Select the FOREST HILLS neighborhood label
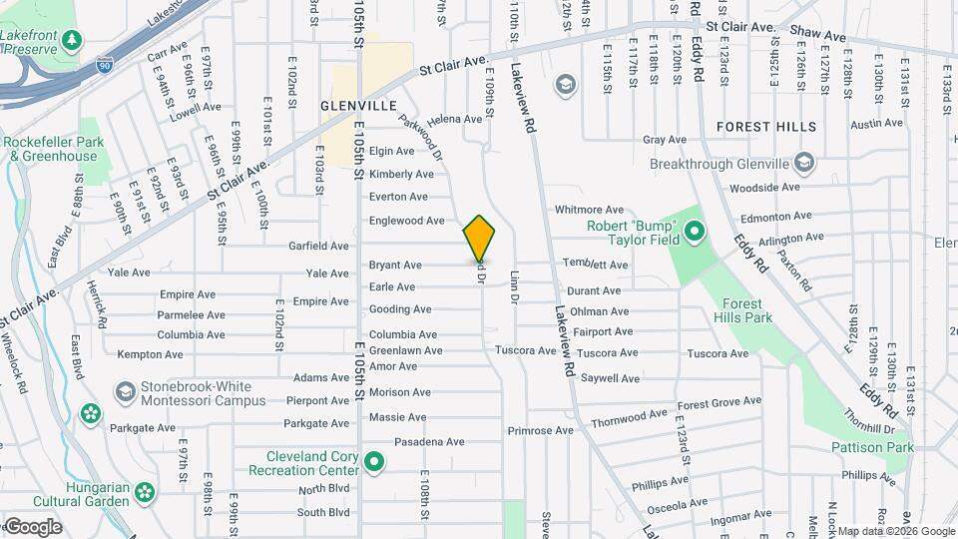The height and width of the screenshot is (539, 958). pyautogui.click(x=766, y=127)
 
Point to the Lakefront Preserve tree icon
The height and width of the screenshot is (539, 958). pyautogui.click(x=71, y=40)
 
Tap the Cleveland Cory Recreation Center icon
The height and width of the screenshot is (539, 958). pyautogui.click(x=374, y=461)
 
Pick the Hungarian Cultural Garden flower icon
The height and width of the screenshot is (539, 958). pyautogui.click(x=146, y=491)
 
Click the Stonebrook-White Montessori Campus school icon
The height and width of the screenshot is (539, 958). pyautogui.click(x=126, y=389)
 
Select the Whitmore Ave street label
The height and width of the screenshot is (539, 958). pyautogui.click(x=589, y=210)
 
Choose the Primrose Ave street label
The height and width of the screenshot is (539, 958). pyautogui.click(x=540, y=430)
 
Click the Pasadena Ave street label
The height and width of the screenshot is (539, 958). pyautogui.click(x=417, y=441)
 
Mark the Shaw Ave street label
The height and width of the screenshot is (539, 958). pyautogui.click(x=817, y=36)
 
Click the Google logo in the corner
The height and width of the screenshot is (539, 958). pyautogui.click(x=32, y=526)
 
